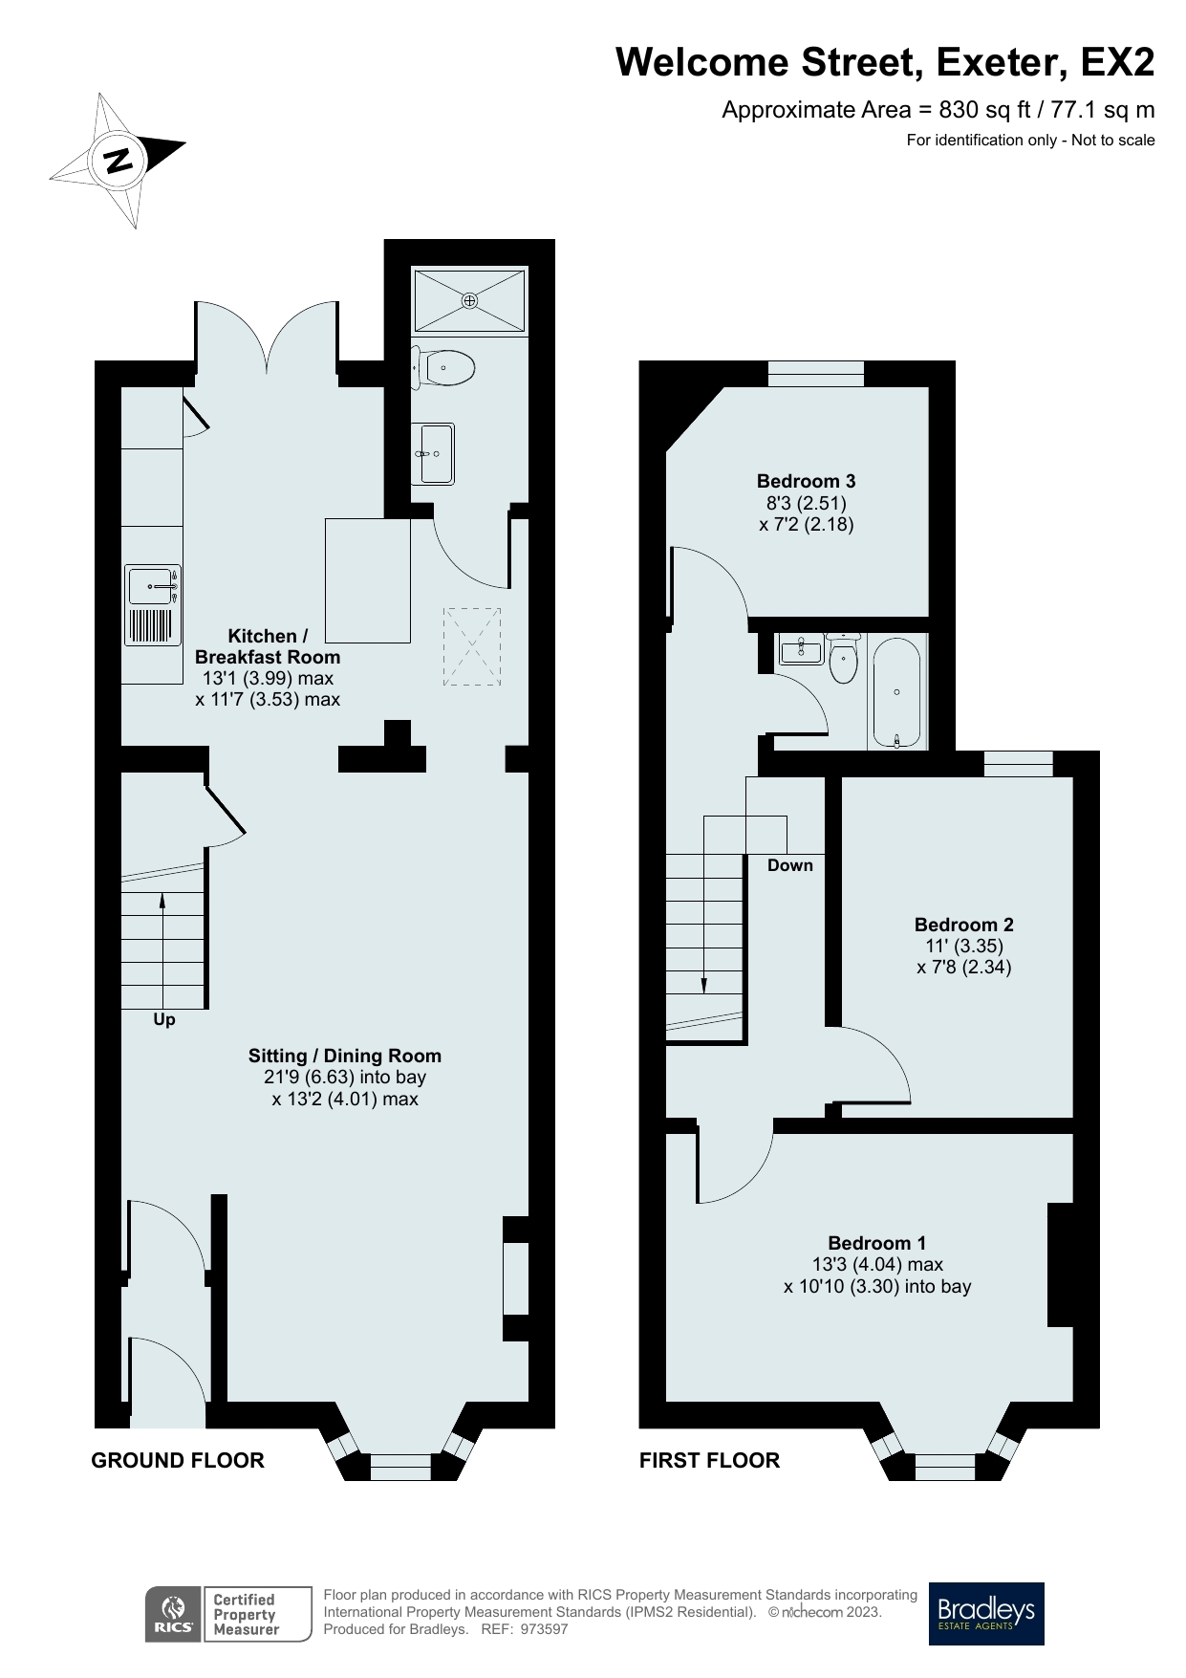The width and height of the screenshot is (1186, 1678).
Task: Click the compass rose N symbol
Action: tap(119, 160)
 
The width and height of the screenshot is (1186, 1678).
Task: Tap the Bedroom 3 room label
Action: tap(806, 481)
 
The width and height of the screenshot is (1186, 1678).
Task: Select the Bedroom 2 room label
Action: tap(963, 925)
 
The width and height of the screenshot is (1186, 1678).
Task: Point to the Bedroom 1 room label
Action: tap(876, 1243)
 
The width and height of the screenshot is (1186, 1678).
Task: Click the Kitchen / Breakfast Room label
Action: tap(268, 646)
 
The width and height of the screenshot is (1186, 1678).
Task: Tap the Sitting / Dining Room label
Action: tap(344, 1056)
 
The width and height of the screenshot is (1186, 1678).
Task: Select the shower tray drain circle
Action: tap(469, 300)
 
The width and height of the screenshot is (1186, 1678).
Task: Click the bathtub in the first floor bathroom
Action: tap(895, 693)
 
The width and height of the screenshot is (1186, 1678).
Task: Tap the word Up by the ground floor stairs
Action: tap(164, 1020)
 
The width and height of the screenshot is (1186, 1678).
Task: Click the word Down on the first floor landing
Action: tap(790, 865)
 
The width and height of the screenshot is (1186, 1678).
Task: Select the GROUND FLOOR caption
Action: tap(178, 1460)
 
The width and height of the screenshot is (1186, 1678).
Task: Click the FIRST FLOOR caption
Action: tap(709, 1460)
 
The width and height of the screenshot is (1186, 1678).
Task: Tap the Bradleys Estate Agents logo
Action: tap(986, 1613)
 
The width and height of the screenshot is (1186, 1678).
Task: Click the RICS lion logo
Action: tap(173, 1614)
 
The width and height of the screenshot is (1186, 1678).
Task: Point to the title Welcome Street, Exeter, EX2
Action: tap(884, 63)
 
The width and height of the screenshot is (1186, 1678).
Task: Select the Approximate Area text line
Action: tap(938, 110)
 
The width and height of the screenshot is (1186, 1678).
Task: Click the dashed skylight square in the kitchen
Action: tap(472, 646)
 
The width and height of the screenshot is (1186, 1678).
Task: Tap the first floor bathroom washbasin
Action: tap(801, 651)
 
